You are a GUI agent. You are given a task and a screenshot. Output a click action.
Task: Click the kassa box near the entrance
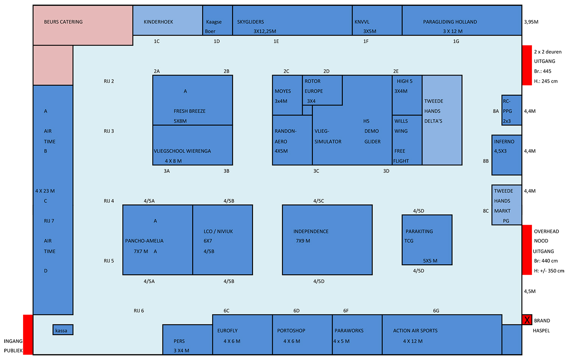(x=63, y=330)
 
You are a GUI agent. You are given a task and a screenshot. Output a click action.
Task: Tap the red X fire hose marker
(x=527, y=320)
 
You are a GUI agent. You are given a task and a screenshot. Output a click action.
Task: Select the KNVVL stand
(x=377, y=20)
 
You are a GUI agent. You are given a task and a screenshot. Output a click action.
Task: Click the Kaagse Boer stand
(x=218, y=20)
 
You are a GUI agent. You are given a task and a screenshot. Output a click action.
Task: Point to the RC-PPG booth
(x=512, y=110)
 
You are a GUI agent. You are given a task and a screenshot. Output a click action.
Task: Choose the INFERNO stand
(x=507, y=155)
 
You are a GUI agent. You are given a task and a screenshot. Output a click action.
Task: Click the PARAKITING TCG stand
(x=427, y=240)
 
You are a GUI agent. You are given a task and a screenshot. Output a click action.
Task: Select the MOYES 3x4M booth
(x=287, y=95)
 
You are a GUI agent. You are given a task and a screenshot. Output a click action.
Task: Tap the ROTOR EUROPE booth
(x=322, y=90)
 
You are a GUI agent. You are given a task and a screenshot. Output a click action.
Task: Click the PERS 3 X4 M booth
(x=187, y=340)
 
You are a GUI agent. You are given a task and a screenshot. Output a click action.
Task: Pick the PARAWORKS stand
(x=357, y=335)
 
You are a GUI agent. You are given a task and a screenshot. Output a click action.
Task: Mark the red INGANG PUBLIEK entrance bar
(x=28, y=335)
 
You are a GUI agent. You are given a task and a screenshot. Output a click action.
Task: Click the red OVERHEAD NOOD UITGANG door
(x=527, y=250)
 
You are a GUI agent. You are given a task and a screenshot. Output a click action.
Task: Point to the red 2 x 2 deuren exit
(x=527, y=65)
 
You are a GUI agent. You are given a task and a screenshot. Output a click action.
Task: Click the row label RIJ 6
(x=139, y=310)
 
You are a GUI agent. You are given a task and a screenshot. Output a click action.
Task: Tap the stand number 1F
(x=366, y=41)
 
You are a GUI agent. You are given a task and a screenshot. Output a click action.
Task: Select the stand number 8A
(x=496, y=111)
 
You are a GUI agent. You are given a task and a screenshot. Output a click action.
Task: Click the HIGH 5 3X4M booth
(x=407, y=95)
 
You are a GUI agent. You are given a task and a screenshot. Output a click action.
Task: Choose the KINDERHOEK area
(x=168, y=20)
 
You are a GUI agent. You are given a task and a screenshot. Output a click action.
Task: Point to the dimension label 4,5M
(x=530, y=291)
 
